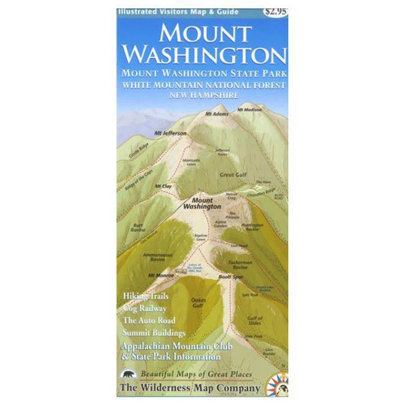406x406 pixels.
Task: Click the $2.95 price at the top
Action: click(x=274, y=10)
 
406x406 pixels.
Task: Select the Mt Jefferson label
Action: click(x=171, y=133)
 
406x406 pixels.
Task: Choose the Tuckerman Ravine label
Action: click(x=240, y=264)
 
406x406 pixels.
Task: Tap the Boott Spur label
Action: click(x=230, y=278)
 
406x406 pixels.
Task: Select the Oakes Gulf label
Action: click(x=198, y=302)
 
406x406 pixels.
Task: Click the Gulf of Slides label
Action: click(x=255, y=320)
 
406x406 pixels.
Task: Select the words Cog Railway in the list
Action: click(x=145, y=309)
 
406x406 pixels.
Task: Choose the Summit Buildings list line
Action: click(x=154, y=333)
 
